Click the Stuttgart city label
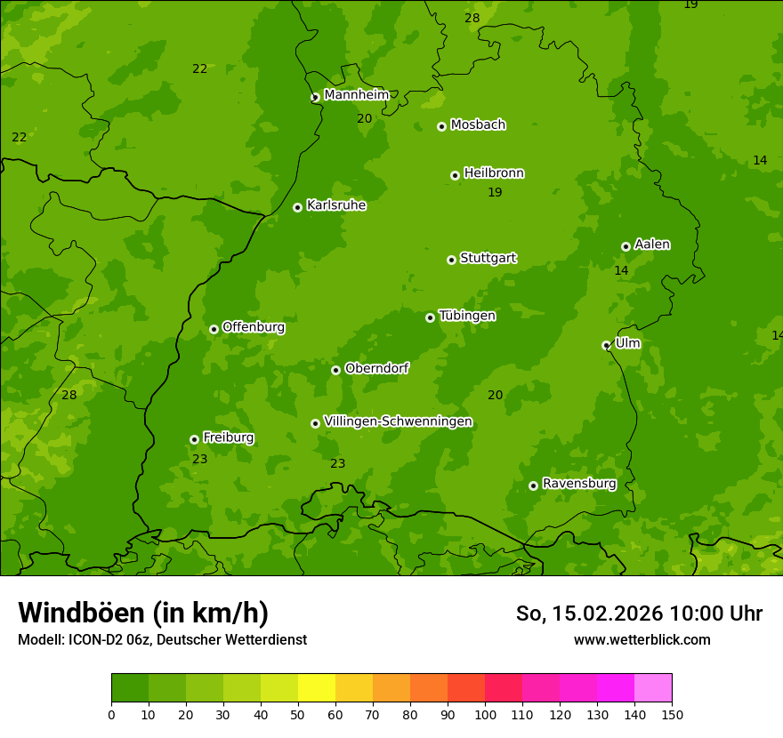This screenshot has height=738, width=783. pos(488,259)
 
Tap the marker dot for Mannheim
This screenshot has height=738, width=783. pos(315,98)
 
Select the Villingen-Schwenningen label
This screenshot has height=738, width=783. pos(398,421)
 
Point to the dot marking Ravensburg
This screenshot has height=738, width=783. pos(533,485)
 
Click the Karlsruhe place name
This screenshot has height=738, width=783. pos(335,205)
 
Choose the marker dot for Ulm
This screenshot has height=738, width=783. pos(606,345)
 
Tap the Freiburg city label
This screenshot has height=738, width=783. pos(228,437)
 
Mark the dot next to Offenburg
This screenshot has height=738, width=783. pos(214,329)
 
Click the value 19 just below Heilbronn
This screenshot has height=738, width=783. pos(495,193)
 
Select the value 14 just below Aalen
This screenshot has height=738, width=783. pos(621,270)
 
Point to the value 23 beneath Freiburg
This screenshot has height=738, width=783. pos(199,460)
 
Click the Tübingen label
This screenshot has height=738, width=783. pos(466,316)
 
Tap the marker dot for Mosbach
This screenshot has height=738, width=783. pos(441,126)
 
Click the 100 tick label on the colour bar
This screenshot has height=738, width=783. pos(485,714)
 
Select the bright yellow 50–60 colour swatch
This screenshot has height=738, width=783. pos(317,688)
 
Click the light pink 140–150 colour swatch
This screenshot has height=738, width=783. pos(653,688)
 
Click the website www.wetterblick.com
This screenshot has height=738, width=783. pos(642,639)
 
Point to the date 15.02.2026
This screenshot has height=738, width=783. pos(607,614)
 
